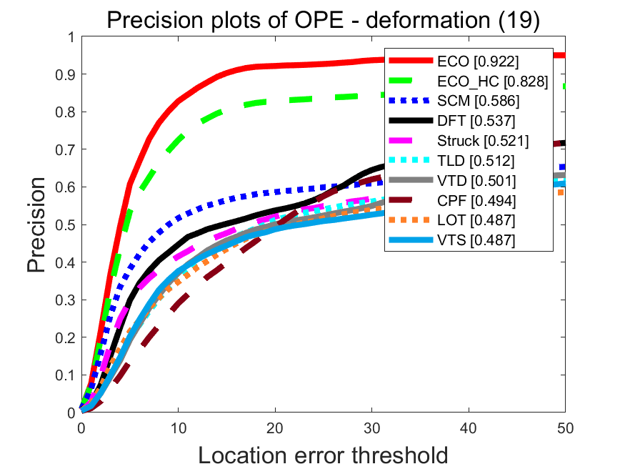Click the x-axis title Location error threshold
pyautogui.click(x=323, y=455)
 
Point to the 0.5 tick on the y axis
pyautogui.click(x=65, y=224)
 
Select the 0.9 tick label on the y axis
pyautogui.click(x=65, y=74)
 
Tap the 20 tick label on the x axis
pyautogui.click(x=275, y=428)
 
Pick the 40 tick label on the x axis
pyautogui.click(x=469, y=428)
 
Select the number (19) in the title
pyautogui.click(x=519, y=21)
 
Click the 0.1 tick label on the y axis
pyautogui.click(x=65, y=375)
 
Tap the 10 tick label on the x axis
pyautogui.click(x=178, y=428)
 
